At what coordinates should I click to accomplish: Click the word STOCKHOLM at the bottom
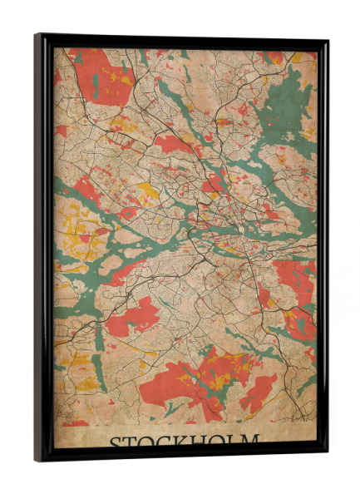click(x=184, y=440)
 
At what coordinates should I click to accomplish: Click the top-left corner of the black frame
click(x=37, y=36)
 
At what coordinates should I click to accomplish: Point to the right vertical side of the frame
click(x=323, y=249)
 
